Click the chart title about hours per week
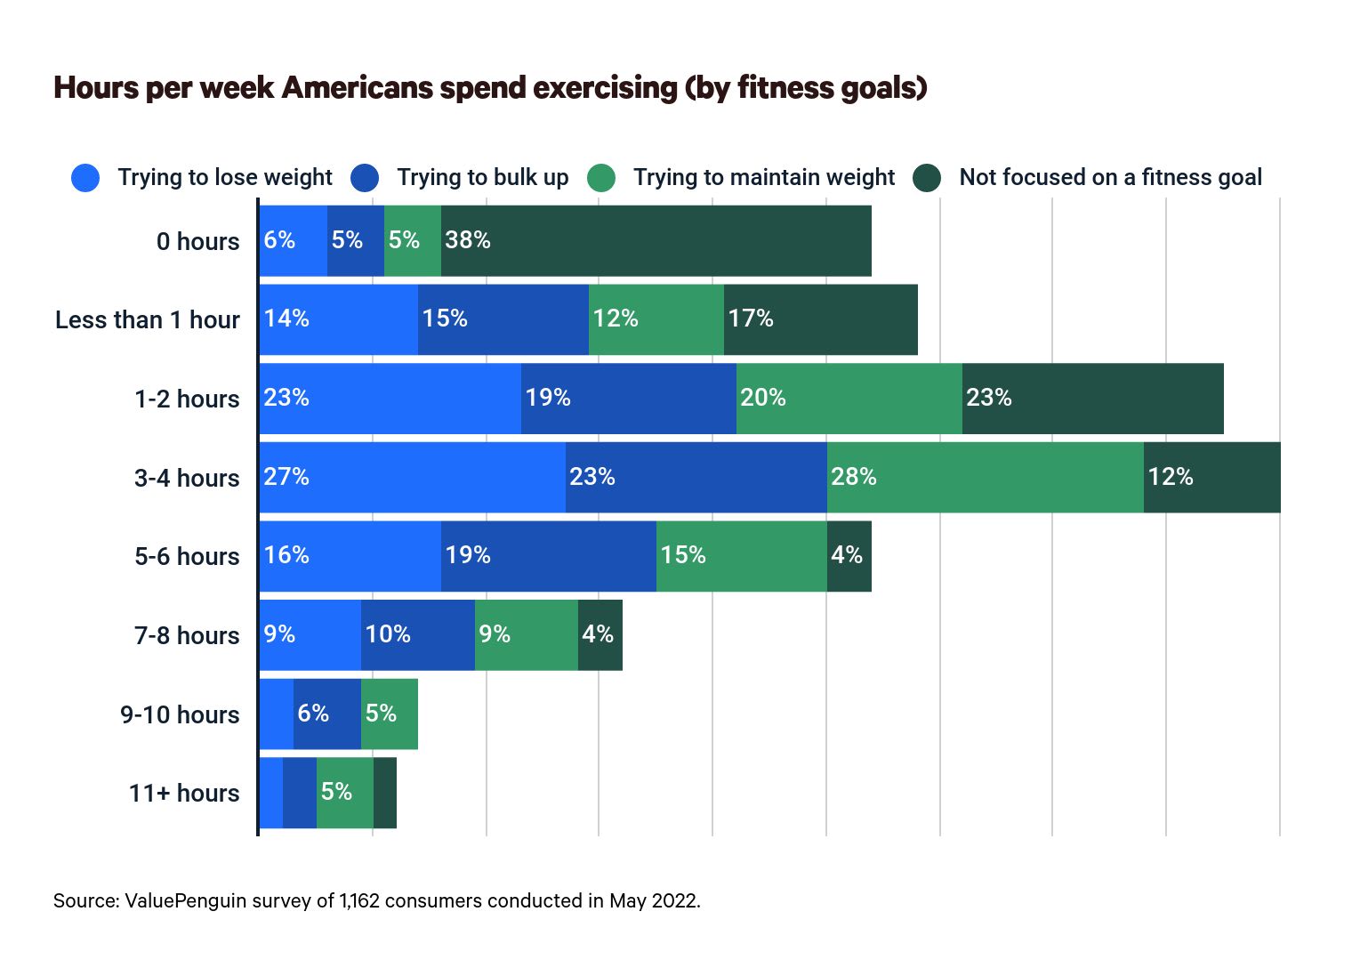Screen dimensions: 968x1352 [x=490, y=88]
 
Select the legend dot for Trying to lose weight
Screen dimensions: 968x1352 [x=85, y=178]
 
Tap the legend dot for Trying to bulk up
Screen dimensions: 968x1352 [x=365, y=178]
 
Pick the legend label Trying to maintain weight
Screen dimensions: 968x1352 [x=763, y=178]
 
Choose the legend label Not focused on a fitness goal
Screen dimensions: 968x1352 [x=1110, y=178]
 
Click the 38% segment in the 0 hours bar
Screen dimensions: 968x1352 [x=656, y=241]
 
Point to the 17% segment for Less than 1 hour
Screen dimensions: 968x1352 [x=820, y=319]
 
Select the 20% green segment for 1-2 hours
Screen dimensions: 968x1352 [x=849, y=399]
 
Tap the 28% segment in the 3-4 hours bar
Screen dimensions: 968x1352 [x=985, y=478]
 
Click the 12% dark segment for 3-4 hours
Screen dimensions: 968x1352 [x=1211, y=478]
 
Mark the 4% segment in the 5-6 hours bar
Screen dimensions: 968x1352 [x=849, y=556]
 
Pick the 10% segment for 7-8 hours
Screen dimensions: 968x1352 [x=417, y=635]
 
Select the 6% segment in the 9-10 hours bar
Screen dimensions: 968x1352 [x=326, y=714]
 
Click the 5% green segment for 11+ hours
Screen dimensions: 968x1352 [x=344, y=793]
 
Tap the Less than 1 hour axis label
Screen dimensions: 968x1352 [x=148, y=320]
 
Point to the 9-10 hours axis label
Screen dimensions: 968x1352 [x=180, y=715]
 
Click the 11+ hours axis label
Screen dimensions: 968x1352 [x=184, y=794]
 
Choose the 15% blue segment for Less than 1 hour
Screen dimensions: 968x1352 [x=503, y=319]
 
